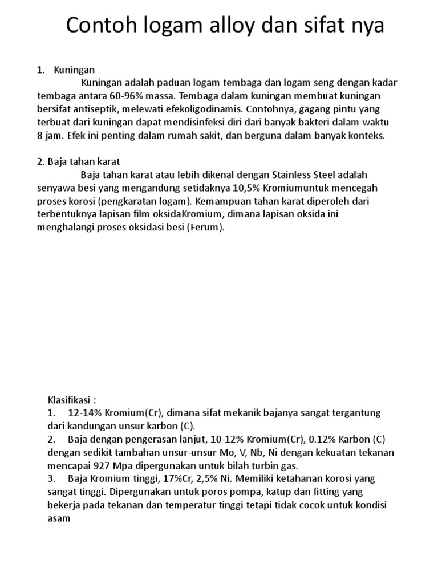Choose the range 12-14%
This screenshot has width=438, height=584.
point(84,412)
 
